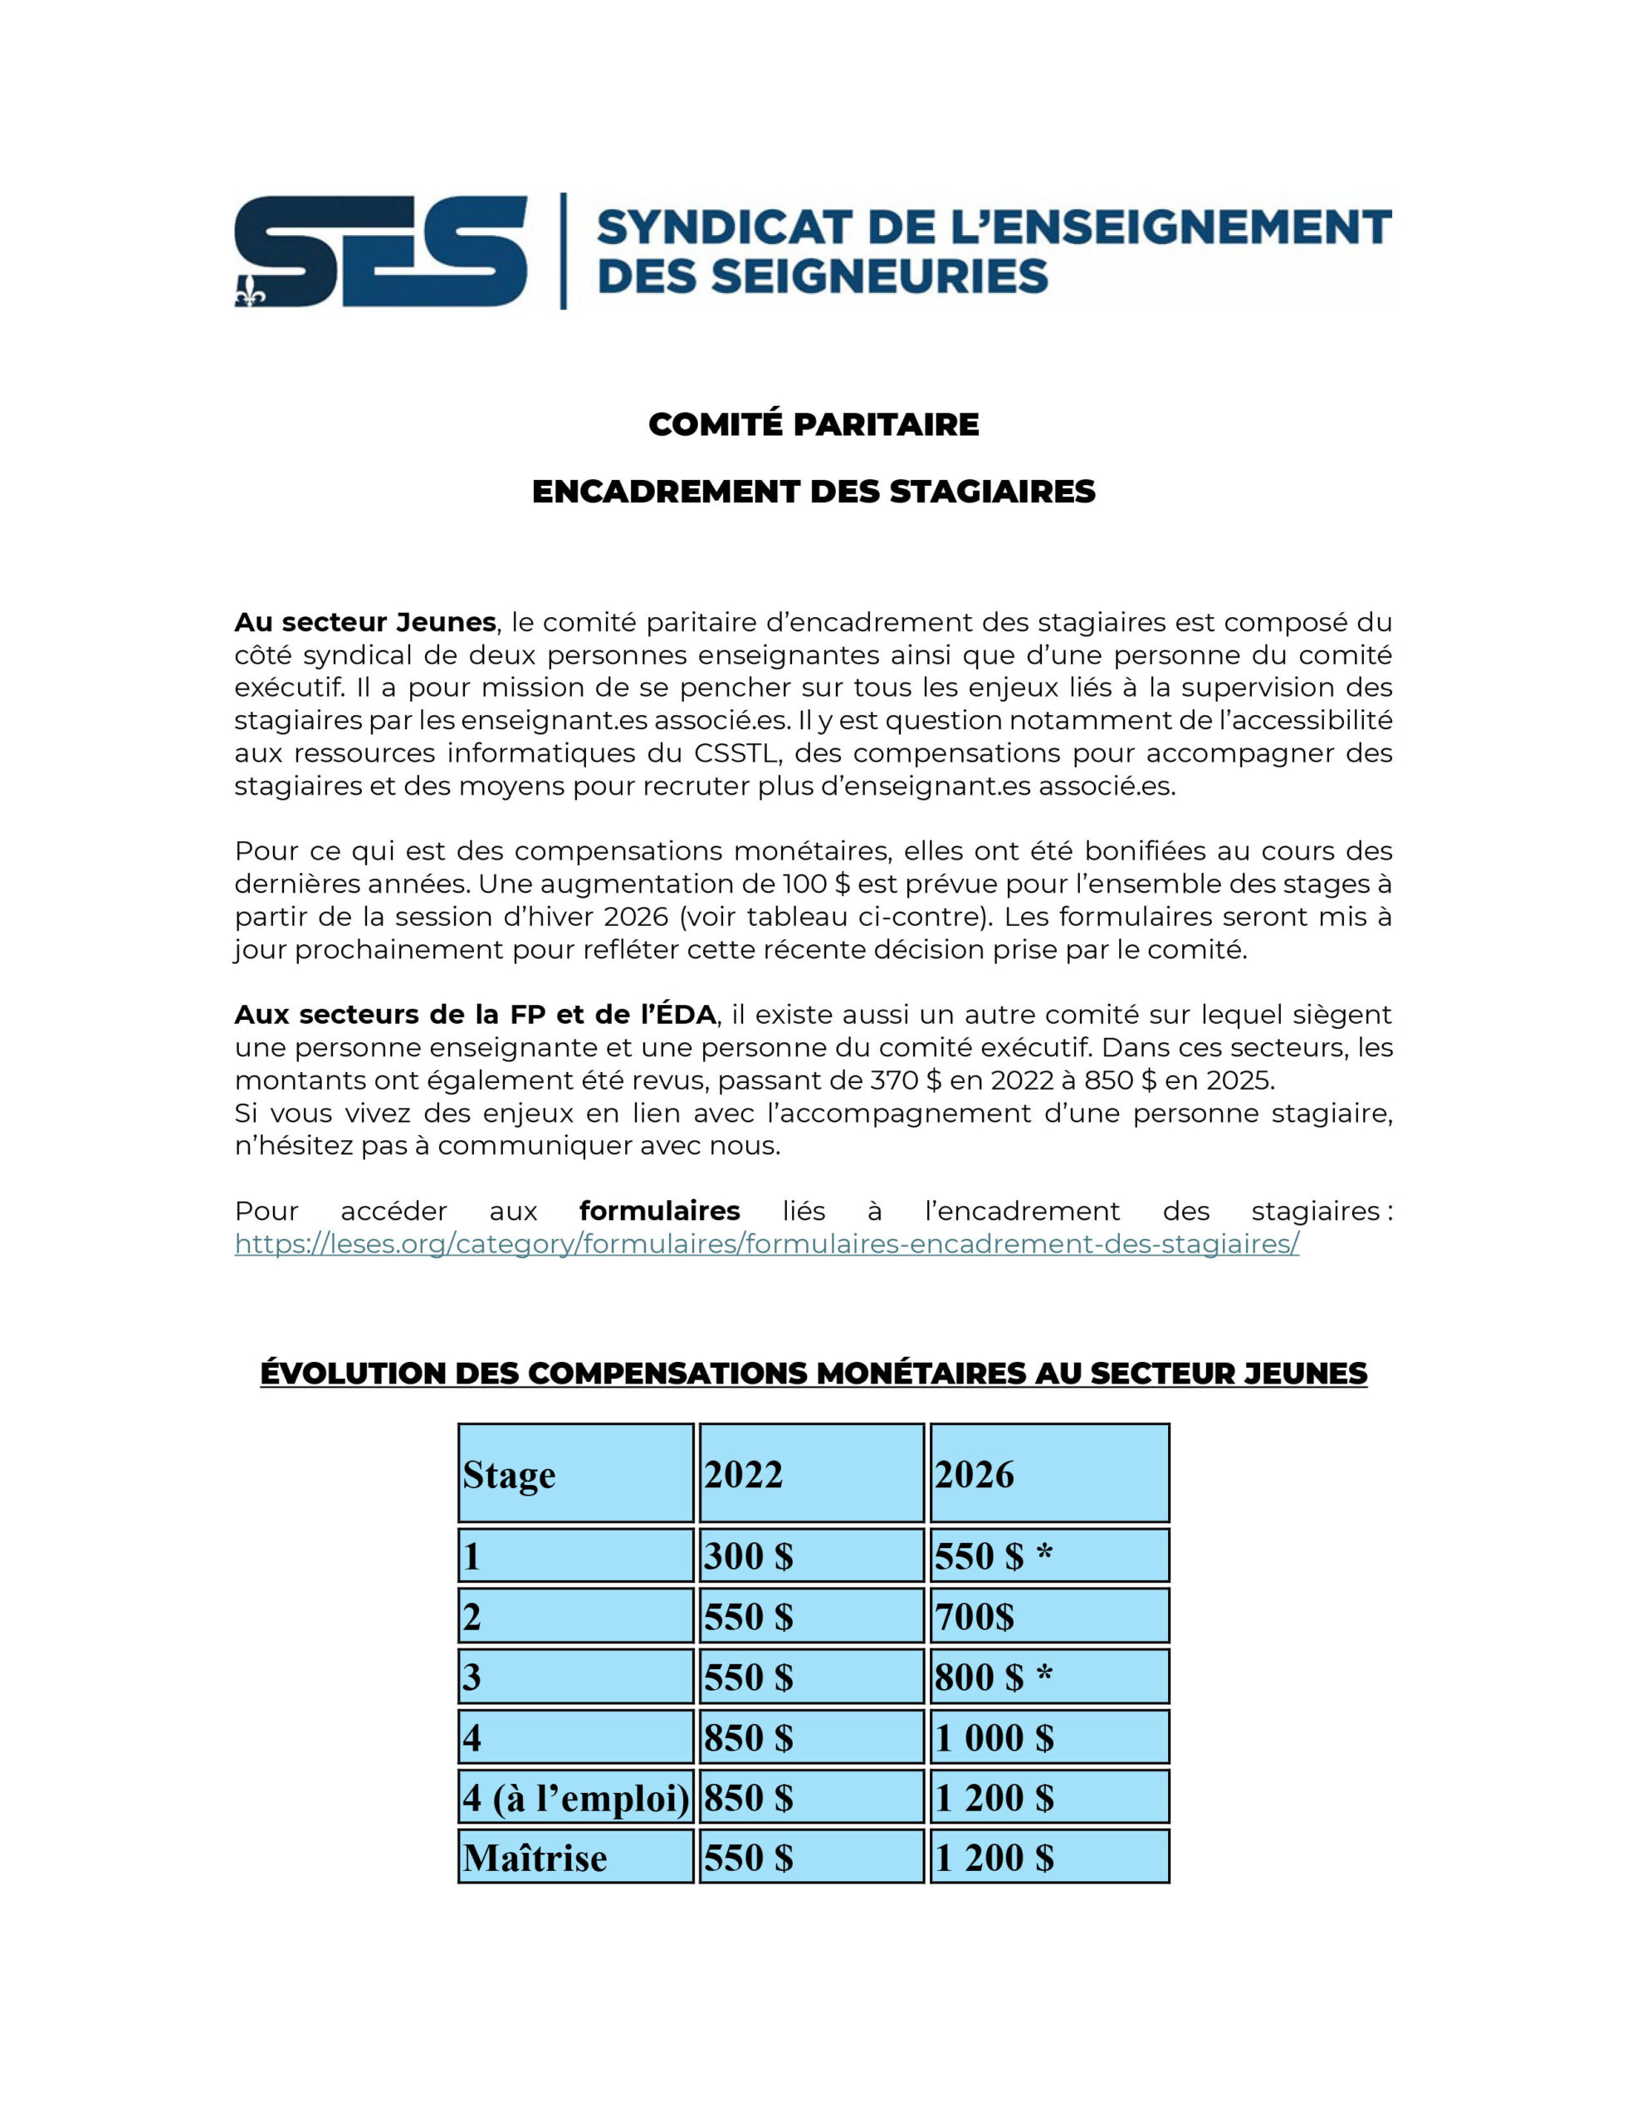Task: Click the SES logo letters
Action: click(380, 251)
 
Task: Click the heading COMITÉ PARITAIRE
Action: click(814, 424)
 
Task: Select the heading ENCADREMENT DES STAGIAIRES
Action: click(814, 492)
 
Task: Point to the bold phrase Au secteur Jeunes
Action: click(365, 622)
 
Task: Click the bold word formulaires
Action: click(659, 1211)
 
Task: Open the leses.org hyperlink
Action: click(766, 1244)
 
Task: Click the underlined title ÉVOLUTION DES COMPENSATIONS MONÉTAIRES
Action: click(814, 1374)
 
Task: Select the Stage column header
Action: click(509, 1475)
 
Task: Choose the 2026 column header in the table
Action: click(975, 1475)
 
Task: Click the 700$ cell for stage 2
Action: click(975, 1617)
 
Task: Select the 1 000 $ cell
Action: click(994, 1737)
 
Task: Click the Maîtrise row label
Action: click(535, 1859)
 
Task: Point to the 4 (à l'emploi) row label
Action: click(576, 1798)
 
